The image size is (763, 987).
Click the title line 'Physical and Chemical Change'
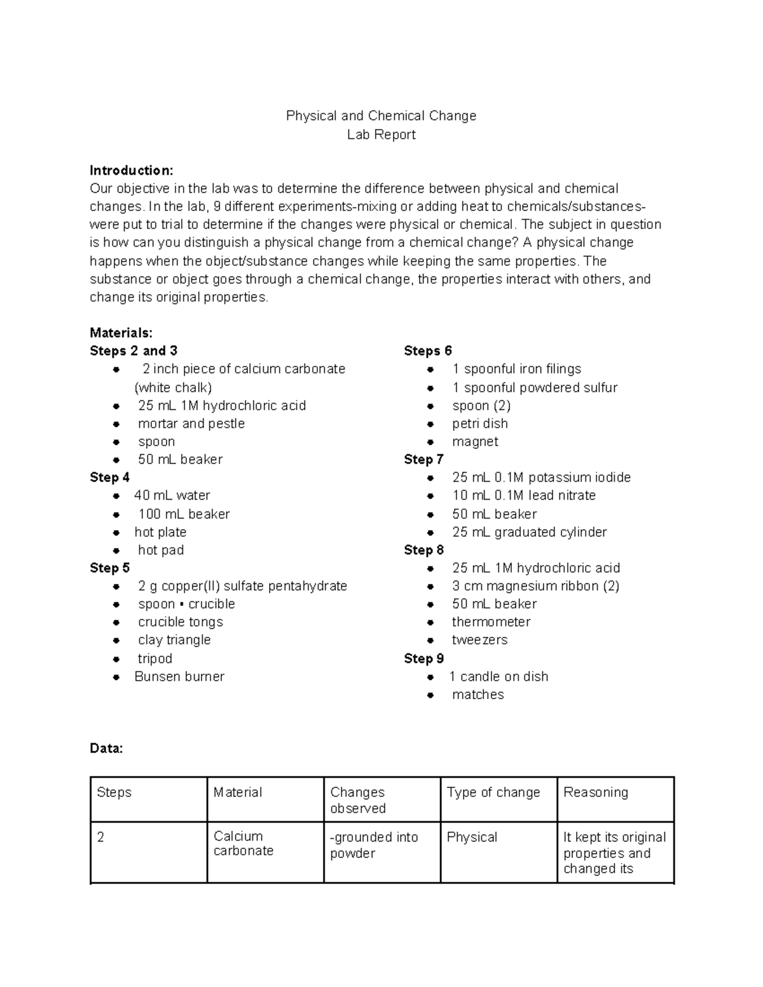click(381, 116)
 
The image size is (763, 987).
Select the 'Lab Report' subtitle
click(381, 135)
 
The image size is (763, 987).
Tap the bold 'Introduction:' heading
click(131, 170)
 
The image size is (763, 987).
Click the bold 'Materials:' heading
click(121, 332)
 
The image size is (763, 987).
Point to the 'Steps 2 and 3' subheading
click(134, 351)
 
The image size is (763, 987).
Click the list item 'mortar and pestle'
click(191, 423)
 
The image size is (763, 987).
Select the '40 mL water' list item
click(172, 495)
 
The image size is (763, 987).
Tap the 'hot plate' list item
click(160, 532)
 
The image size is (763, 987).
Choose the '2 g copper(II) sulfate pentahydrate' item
click(242, 586)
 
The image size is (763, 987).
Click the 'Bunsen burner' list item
click(179, 676)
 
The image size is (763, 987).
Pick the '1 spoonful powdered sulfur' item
click(535, 388)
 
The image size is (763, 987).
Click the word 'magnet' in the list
click(475, 442)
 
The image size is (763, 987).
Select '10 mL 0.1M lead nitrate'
click(524, 495)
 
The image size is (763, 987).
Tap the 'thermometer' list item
click(491, 622)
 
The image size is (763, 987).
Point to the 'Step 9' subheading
click(423, 658)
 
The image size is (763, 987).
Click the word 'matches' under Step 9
click(478, 695)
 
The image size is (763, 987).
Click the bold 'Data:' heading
click(106, 749)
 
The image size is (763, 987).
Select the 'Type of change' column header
click(493, 793)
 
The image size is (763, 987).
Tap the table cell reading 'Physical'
click(472, 838)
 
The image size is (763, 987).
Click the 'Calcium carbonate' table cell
click(243, 843)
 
